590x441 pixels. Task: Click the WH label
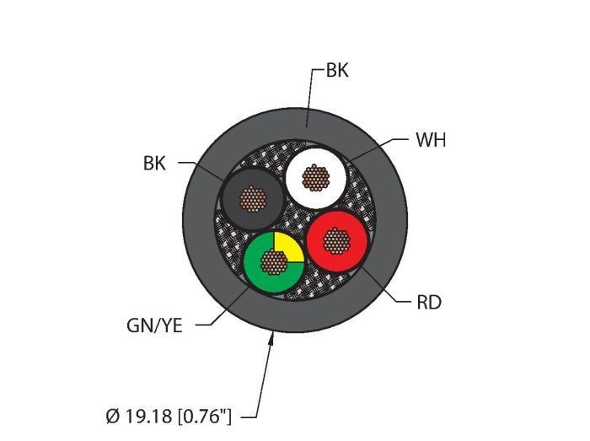click(430, 140)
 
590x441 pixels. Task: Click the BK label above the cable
click(336, 71)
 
